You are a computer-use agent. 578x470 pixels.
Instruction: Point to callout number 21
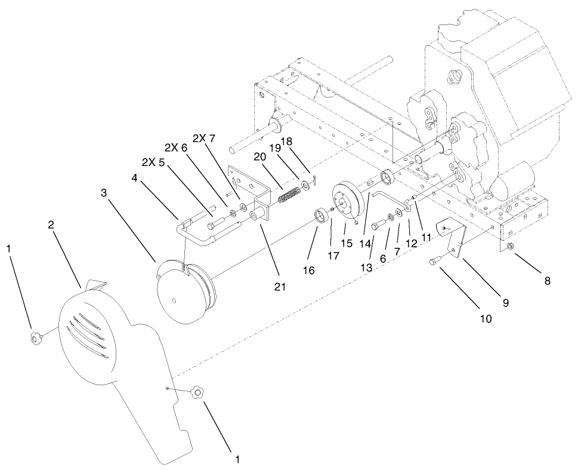[280, 287]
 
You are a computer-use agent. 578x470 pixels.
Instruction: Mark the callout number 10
[486, 318]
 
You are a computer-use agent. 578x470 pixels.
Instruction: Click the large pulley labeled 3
[185, 293]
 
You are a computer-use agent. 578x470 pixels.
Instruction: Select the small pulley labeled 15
[345, 200]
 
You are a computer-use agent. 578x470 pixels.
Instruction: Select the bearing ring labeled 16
[322, 214]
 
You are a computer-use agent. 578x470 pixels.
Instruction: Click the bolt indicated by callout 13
[379, 225]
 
